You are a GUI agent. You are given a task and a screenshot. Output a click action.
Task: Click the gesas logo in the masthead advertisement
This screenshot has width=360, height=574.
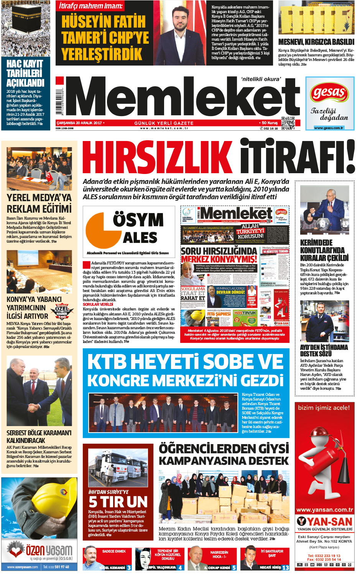[329, 93]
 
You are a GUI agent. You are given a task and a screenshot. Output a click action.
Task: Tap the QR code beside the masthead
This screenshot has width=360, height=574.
[288, 123]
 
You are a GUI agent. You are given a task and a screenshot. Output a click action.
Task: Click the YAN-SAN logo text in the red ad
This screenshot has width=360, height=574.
[324, 522]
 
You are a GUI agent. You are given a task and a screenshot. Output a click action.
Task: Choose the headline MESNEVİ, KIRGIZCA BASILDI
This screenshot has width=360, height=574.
[316, 42]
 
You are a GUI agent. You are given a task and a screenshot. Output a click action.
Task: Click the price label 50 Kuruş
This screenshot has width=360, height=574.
[270, 123]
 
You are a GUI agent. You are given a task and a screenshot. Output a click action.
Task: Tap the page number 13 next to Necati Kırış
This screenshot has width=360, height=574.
[286, 567]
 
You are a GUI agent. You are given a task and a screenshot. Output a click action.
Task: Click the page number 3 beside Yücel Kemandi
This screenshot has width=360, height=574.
[129, 567]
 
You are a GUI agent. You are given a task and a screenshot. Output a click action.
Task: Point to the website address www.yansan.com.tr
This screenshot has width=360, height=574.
[324, 510]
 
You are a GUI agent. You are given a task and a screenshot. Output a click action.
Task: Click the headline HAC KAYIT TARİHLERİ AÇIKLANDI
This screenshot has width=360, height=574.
[25, 73]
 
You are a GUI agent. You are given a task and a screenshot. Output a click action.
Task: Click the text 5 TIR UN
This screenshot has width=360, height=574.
[118, 502]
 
